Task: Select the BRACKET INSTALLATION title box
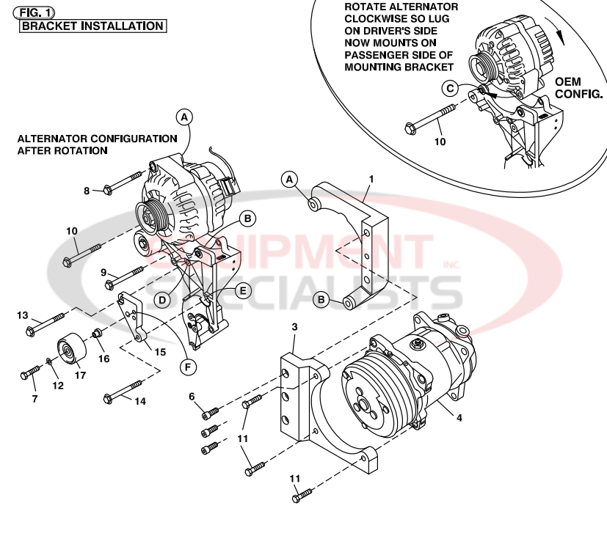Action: click(x=92, y=26)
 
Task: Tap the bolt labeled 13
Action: click(x=48, y=323)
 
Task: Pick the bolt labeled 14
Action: click(x=123, y=392)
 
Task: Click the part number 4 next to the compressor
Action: click(x=459, y=418)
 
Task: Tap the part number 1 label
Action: click(x=371, y=178)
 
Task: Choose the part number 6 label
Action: click(x=192, y=396)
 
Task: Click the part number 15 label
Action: click(x=159, y=352)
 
